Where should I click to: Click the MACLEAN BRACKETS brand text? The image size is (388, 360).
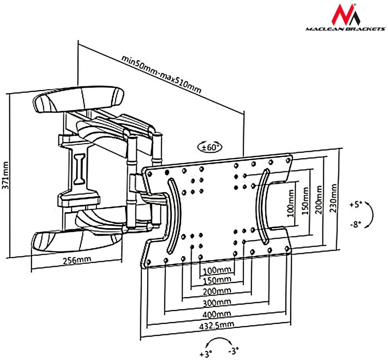click(345, 29)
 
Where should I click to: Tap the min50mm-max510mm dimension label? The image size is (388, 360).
click(161, 74)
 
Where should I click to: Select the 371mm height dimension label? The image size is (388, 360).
click(5, 175)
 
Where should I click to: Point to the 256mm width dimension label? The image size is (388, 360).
click(77, 260)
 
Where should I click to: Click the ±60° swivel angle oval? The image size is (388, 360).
click(210, 147)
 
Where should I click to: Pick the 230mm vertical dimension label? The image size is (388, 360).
click(334, 198)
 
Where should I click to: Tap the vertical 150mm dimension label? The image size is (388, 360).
click(305, 201)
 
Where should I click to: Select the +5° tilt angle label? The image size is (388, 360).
click(356, 205)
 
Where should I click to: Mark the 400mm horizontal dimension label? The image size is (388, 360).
click(217, 314)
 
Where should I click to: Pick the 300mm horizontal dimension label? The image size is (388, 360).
click(217, 302)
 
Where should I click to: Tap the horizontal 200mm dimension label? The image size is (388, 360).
click(217, 291)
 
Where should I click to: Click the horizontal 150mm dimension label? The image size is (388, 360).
click(217, 280)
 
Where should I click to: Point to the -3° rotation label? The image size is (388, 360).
click(234, 350)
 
